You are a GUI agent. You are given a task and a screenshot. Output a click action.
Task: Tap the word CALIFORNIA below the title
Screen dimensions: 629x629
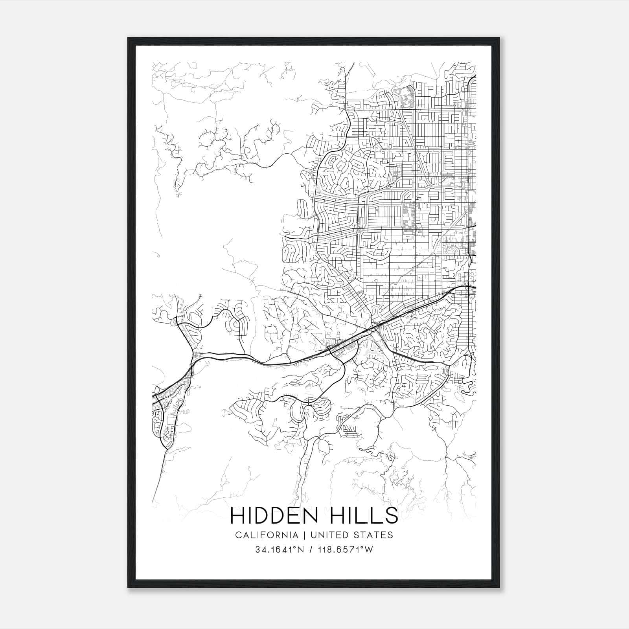click(x=266, y=535)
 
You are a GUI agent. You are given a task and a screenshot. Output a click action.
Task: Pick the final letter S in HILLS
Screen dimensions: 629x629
click(x=392, y=516)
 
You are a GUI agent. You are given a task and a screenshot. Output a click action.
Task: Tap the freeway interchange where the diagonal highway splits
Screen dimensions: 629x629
click(x=375, y=328)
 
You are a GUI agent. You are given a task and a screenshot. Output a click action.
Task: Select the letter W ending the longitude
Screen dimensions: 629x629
click(x=368, y=550)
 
